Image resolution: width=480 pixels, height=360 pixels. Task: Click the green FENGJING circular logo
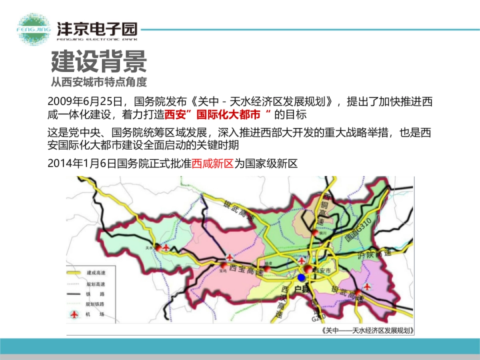point(34,29)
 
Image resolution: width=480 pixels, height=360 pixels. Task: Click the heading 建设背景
point(99,61)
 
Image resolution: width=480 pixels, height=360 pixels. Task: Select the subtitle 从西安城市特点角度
point(99,82)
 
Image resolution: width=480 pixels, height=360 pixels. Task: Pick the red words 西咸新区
point(212,164)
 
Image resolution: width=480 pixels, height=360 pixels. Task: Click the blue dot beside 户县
point(302,278)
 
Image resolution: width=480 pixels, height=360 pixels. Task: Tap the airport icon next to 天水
point(166,248)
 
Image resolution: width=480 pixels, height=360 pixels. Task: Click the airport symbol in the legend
point(74,314)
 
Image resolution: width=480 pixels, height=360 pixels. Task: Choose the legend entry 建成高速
point(95,272)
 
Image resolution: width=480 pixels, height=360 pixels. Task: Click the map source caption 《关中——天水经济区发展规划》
point(367,330)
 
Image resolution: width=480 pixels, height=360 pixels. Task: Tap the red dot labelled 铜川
point(316,233)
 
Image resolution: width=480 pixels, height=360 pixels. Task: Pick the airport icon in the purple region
point(367,286)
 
